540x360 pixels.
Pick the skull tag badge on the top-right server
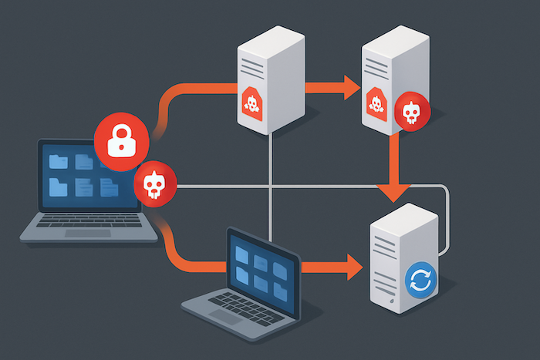pyautogui.click(x=376, y=102)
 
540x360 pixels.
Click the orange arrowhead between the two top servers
pyautogui.click(x=349, y=86)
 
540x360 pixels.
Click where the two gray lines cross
pyautogui.click(x=270, y=186)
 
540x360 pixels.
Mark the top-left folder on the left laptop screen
pyautogui.click(x=59, y=161)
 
